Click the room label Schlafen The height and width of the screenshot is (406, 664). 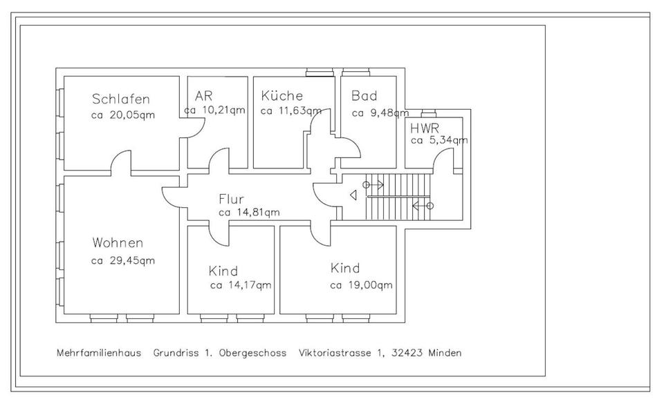120,99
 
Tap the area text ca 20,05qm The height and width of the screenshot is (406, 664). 122,115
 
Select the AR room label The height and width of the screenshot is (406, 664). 203,96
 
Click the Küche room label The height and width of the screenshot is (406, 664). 282,96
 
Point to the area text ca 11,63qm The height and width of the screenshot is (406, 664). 290,110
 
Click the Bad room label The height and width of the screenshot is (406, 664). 364,96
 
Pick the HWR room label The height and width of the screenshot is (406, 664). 425,128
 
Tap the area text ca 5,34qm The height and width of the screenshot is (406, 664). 439,140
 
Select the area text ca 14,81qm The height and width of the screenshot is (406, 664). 249,213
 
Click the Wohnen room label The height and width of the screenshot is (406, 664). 118,243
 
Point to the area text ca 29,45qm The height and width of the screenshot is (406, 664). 122,260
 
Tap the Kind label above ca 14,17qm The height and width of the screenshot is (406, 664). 223,271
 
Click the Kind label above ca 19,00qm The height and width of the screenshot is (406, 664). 345,268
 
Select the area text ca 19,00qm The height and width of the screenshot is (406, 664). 361,284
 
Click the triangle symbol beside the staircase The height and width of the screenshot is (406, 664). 353,195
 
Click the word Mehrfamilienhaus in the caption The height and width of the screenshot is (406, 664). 99,353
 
